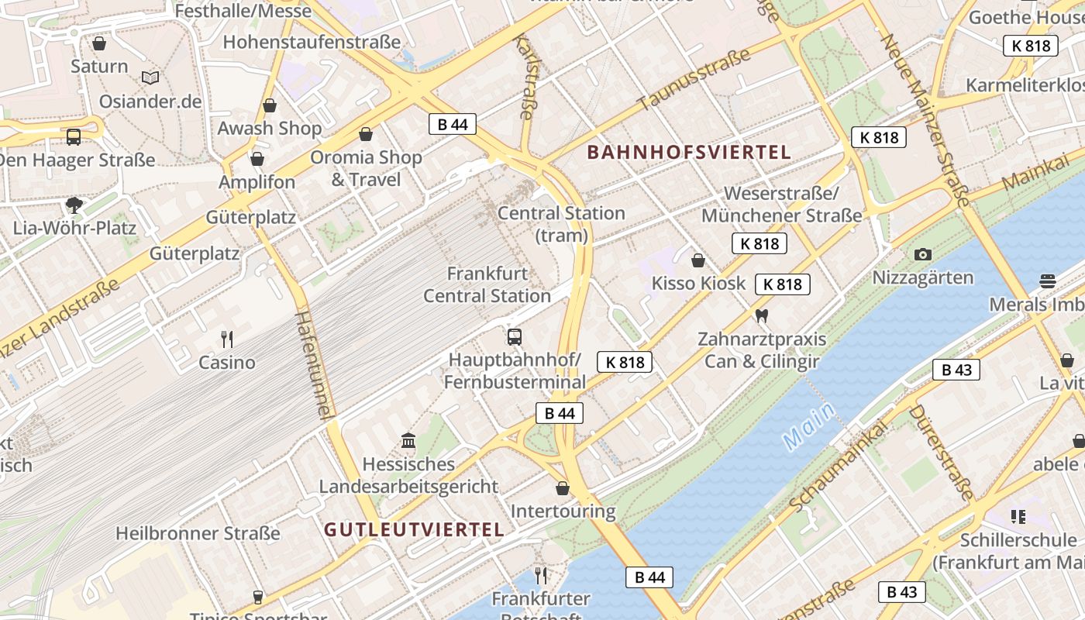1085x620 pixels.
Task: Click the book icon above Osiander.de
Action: coord(150,77)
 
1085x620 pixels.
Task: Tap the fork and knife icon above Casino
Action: coord(227,339)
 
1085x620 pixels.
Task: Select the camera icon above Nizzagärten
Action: coord(922,254)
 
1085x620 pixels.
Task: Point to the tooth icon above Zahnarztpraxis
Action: coord(761,315)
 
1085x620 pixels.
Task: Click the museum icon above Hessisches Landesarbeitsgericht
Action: coord(408,441)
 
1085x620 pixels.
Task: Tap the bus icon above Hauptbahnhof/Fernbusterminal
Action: coord(515,336)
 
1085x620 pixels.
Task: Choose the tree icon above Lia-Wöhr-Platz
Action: coord(74,205)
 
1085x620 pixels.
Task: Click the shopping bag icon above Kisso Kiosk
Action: coord(698,260)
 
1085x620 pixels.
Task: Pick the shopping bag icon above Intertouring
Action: coord(563,488)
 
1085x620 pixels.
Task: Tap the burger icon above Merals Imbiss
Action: coord(1048,281)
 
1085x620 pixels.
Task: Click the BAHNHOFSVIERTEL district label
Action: coord(689,152)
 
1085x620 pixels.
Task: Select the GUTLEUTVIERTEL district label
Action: coord(414,530)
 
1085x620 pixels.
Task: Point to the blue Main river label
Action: coord(809,426)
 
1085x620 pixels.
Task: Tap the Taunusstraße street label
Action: coord(694,79)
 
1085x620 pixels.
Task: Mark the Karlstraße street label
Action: coord(525,75)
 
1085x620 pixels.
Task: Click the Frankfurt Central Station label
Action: coord(487,284)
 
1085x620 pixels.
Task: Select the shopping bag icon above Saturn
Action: coord(99,43)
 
